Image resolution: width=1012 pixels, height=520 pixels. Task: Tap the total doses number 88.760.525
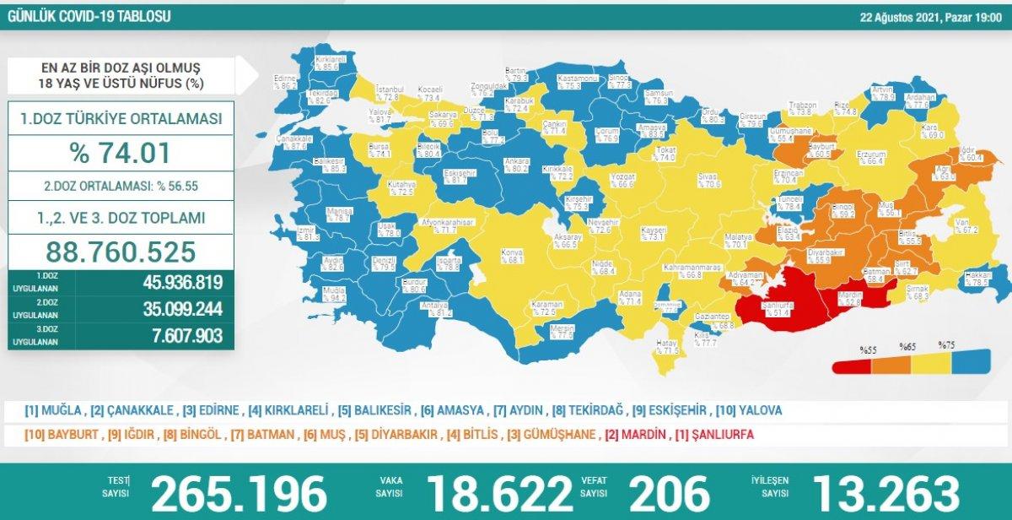tap(121, 251)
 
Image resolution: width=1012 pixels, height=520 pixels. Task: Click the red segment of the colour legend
tap(853, 366)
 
